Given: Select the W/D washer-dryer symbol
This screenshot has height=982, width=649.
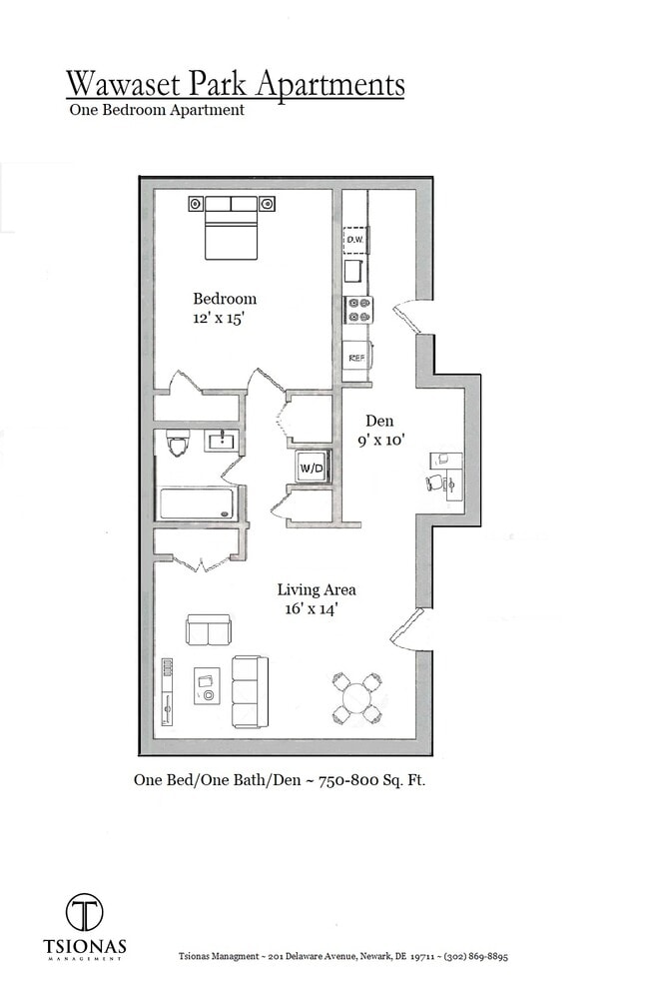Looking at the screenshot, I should pyautogui.click(x=311, y=467).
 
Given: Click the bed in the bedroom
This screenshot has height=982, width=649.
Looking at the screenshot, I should pyautogui.click(x=232, y=227).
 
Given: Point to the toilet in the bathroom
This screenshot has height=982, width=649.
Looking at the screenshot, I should pyautogui.click(x=179, y=442).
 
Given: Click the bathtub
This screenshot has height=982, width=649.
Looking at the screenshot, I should pyautogui.click(x=198, y=503).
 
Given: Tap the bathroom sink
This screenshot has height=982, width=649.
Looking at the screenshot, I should pyautogui.click(x=222, y=441).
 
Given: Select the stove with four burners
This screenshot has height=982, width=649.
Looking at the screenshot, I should pyautogui.click(x=358, y=310).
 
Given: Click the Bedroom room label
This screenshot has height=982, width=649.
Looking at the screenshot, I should pyautogui.click(x=225, y=299).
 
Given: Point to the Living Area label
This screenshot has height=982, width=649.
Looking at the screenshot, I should pyautogui.click(x=317, y=589).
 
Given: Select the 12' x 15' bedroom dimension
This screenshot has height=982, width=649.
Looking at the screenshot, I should pyautogui.click(x=220, y=319).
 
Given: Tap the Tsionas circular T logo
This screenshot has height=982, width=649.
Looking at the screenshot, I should pyautogui.click(x=85, y=911).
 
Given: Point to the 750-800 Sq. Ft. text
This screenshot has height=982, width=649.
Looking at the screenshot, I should pyautogui.click(x=371, y=781).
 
